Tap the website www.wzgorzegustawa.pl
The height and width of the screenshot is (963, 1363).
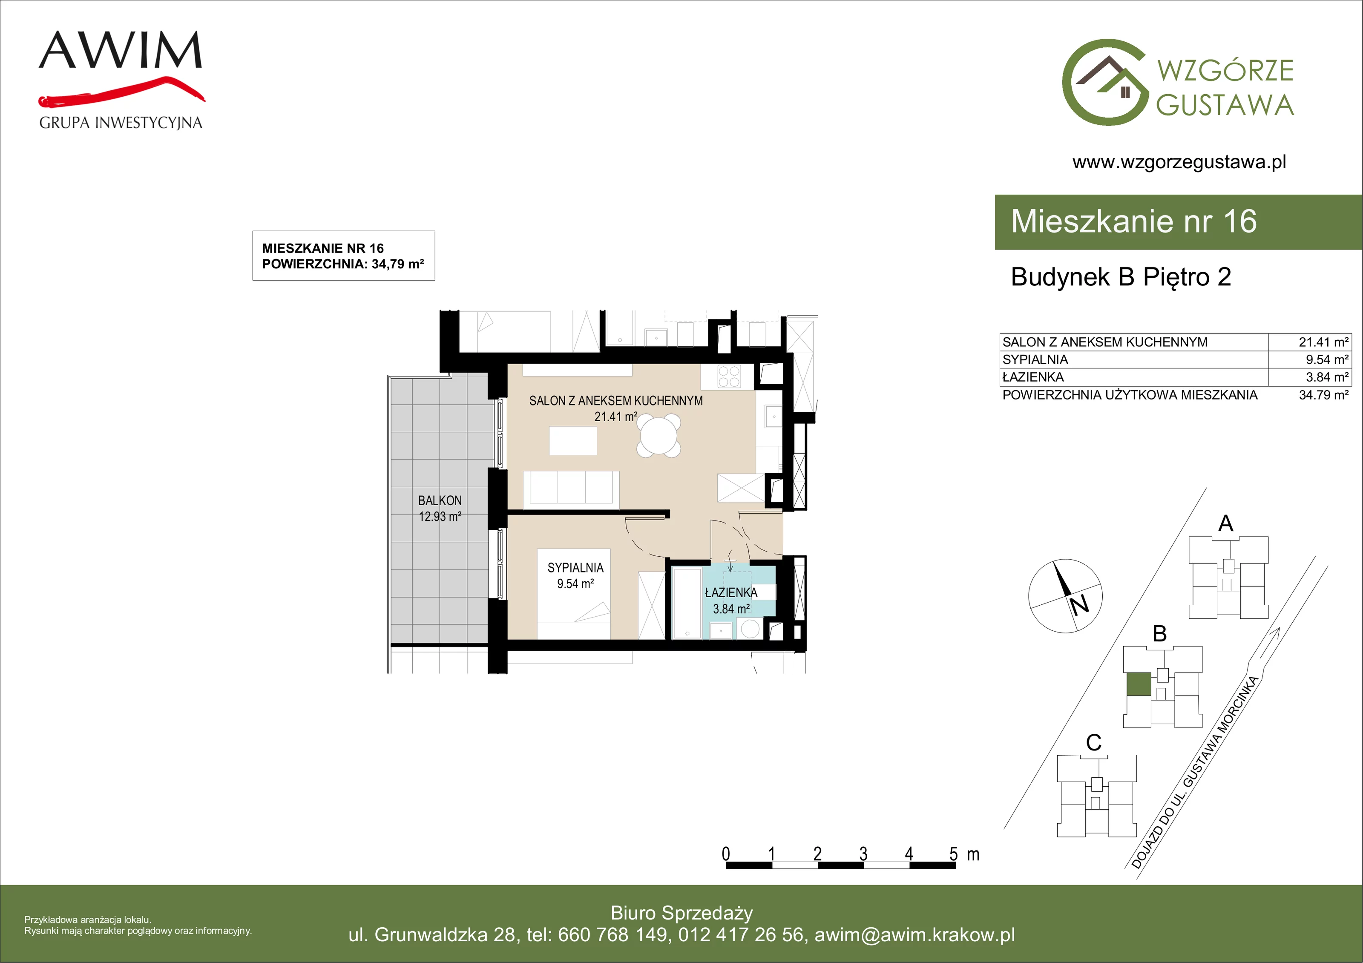pyautogui.click(x=1179, y=162)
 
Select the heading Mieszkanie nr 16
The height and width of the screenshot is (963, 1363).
pyautogui.click(x=1134, y=221)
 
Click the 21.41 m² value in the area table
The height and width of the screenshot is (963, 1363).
pyautogui.click(x=1323, y=342)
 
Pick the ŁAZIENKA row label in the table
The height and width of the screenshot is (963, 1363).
pyautogui.click(x=1033, y=377)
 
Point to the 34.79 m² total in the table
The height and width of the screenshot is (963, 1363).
pyautogui.click(x=1323, y=395)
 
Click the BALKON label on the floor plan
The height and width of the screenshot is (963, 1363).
pyautogui.click(x=440, y=500)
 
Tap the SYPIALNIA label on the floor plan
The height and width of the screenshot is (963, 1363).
pyautogui.click(x=575, y=568)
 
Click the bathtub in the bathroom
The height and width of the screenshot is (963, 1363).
pyautogui.click(x=687, y=603)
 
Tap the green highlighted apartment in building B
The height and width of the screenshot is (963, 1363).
pyautogui.click(x=1139, y=684)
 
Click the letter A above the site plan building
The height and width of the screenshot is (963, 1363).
pyautogui.click(x=1226, y=523)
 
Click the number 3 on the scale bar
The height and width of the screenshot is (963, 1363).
pyautogui.click(x=863, y=854)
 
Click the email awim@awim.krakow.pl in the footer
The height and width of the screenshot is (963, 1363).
pyautogui.click(x=915, y=934)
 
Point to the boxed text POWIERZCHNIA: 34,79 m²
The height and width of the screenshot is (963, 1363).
pyautogui.click(x=343, y=264)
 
